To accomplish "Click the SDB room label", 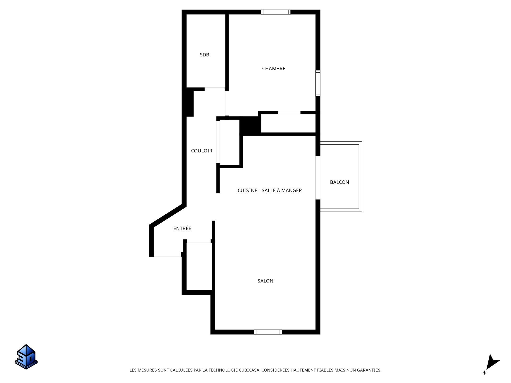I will (204, 55).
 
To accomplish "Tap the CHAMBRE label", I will (274, 69).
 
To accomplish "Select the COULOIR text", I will (201, 151).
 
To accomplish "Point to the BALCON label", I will (339, 182).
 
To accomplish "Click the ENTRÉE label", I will (182, 228).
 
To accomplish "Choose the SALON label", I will (265, 281).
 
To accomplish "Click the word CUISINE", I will (247, 190).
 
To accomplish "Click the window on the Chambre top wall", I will (275, 12).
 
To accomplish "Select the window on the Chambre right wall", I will (318, 83).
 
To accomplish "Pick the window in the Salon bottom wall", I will (268, 332).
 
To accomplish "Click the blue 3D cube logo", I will (26, 357).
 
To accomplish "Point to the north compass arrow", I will (492, 363).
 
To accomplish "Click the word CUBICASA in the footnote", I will (249, 370).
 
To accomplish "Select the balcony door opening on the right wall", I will (318, 178).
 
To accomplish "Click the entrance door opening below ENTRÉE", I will (167, 255).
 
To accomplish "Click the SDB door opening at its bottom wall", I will (215, 89).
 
